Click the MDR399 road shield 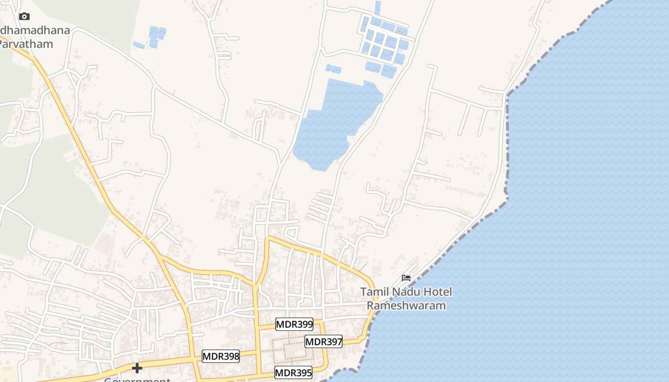pyautogui.click(x=294, y=325)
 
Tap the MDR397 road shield pyautogui.click(x=324, y=341)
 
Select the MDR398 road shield pyautogui.click(x=220, y=356)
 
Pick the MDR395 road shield pyautogui.click(x=293, y=372)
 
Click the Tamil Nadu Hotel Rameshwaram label pyautogui.click(x=406, y=298)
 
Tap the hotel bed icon pyautogui.click(x=406, y=277)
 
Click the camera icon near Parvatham pyautogui.click(x=24, y=17)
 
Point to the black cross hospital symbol pyautogui.click(x=137, y=368)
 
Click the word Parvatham pyautogui.click(x=27, y=44)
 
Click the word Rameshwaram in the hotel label pyautogui.click(x=406, y=306)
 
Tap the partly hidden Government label pyautogui.click(x=137, y=380)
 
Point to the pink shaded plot pyautogui.click(x=104, y=245)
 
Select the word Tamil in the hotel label pyautogui.click(x=375, y=292)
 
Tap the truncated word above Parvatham pyautogui.click(x=35, y=31)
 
